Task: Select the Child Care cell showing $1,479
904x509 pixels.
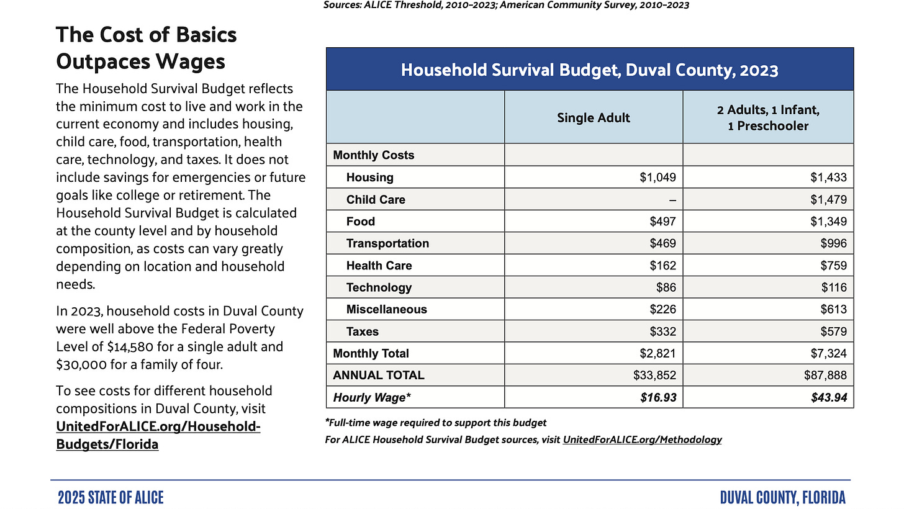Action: coord(828,200)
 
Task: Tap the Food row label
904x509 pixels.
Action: coord(361,222)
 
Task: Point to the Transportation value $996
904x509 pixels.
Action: coord(833,243)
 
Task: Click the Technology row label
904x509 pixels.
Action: coord(379,287)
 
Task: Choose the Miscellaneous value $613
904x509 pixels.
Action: coord(833,309)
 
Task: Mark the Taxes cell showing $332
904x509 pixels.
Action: coord(663,331)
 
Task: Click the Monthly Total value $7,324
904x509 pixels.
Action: coord(828,353)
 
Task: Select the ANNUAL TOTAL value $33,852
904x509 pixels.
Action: coord(654,375)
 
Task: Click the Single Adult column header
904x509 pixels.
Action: coord(593,118)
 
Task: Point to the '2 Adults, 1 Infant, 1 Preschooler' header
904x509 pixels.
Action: coord(768,118)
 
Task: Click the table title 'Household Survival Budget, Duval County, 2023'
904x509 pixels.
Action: coord(589,70)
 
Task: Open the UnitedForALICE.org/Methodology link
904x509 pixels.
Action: coord(642,439)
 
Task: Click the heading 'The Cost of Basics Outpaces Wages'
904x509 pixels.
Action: coord(147,48)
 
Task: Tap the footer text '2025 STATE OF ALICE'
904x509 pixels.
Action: coord(111,497)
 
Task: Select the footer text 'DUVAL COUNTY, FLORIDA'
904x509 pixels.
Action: coord(783,497)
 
